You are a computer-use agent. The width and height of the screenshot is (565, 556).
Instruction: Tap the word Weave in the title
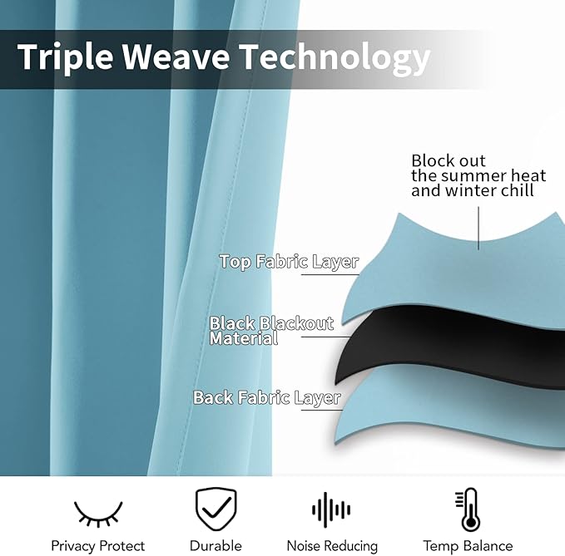(x=176, y=57)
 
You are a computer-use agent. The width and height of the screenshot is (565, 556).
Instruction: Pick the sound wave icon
(x=331, y=509)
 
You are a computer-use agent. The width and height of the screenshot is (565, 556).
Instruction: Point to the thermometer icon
(x=468, y=509)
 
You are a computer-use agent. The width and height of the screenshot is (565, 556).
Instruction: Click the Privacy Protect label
(x=97, y=546)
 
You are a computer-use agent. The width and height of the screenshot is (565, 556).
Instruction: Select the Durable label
(x=216, y=545)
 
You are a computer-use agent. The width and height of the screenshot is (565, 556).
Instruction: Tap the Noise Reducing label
(x=332, y=546)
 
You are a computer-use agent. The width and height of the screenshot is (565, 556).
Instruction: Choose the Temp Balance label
(x=468, y=546)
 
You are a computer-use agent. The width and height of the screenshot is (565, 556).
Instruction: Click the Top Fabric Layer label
(x=289, y=262)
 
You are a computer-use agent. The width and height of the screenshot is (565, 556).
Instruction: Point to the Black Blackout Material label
(x=272, y=331)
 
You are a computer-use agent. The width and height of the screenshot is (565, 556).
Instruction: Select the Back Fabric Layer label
(x=267, y=397)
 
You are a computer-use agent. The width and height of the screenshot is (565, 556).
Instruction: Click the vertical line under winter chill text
(x=478, y=229)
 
